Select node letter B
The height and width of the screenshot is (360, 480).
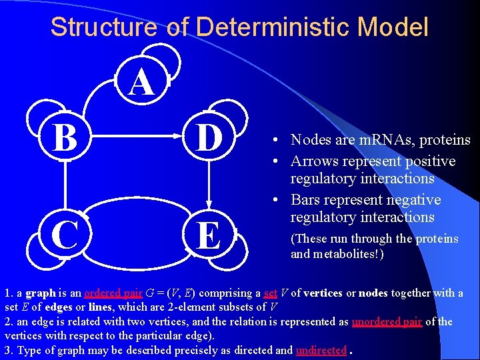point(64,138)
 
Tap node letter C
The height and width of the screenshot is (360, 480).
point(64,235)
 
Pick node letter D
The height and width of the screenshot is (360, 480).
point(209,138)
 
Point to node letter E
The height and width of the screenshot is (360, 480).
point(209,235)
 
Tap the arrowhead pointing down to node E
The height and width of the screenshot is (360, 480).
point(209,205)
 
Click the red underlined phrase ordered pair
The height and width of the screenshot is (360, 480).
point(113,293)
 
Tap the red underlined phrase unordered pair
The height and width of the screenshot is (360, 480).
point(387,321)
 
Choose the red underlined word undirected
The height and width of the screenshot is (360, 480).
point(321,349)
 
